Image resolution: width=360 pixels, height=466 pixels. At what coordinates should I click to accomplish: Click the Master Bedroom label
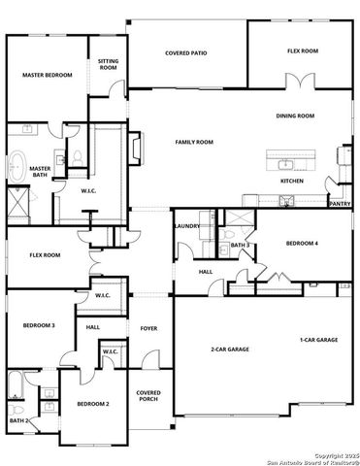pos(48,74)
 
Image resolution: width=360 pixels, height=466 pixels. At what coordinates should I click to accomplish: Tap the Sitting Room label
pos(108,64)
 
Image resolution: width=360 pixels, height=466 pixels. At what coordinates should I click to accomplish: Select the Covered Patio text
pos(185,53)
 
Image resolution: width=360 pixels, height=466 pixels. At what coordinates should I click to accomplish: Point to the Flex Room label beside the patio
pos(303,51)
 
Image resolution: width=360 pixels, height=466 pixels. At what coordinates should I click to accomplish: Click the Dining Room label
pos(295,116)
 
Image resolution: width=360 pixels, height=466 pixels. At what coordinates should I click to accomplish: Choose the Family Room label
pos(194,142)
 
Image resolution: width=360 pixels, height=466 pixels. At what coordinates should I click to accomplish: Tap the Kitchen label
pos(292,181)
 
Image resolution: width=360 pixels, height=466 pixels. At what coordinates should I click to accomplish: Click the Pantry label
pos(340,204)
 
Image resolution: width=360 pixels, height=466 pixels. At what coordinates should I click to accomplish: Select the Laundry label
pos(187,226)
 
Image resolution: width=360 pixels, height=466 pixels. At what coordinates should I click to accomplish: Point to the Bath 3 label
pos(240,245)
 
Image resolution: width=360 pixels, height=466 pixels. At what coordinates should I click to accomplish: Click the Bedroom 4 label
pos(301,242)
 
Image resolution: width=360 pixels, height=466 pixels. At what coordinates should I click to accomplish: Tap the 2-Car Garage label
pos(231,349)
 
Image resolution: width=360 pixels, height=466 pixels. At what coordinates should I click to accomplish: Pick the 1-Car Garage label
pos(318,340)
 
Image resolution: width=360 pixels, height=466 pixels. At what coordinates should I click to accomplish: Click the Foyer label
pos(148,327)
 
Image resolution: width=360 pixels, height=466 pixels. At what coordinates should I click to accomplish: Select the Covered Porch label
pos(148,396)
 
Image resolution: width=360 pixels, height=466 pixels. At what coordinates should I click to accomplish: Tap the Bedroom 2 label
pos(94,403)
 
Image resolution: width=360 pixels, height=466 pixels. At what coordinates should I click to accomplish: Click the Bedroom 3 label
pos(38,325)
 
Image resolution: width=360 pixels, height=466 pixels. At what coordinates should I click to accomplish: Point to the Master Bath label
pos(40,172)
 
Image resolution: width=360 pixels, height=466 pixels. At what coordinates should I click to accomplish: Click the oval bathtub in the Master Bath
pos(17,167)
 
